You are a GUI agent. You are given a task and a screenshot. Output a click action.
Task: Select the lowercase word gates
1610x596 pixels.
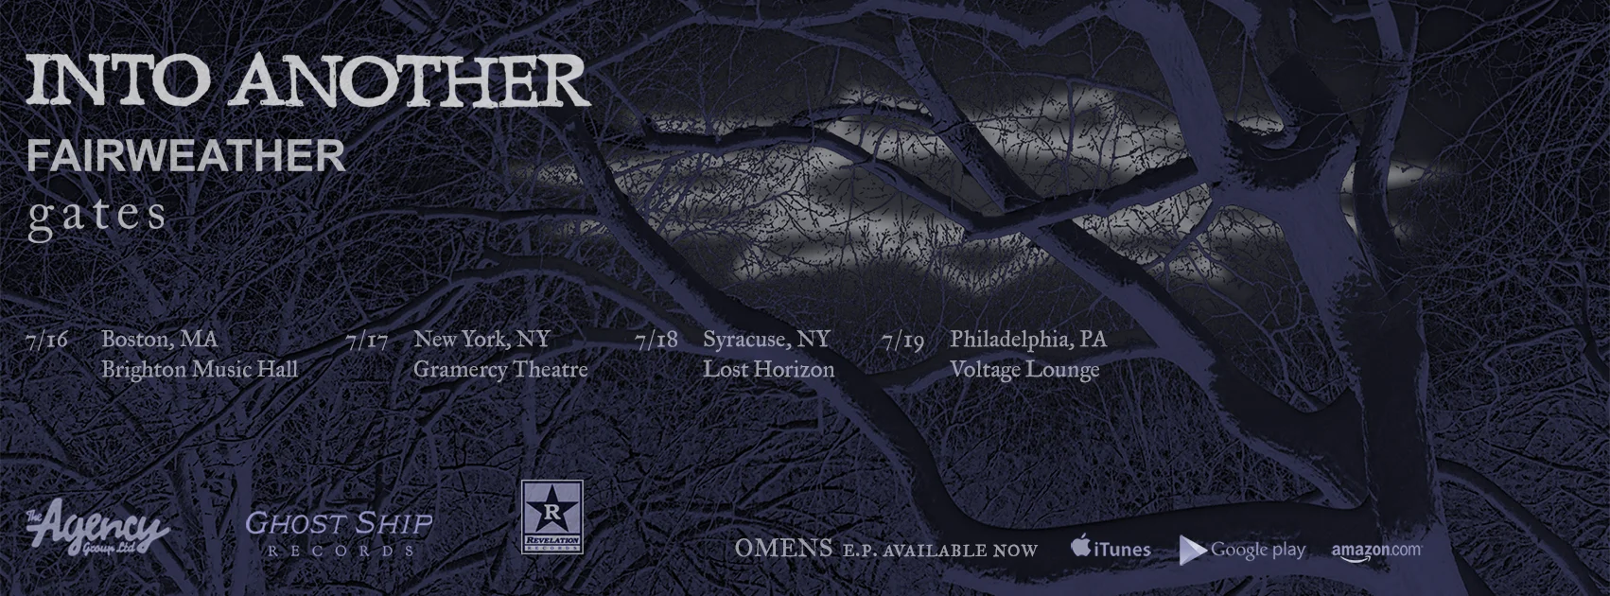point(97,216)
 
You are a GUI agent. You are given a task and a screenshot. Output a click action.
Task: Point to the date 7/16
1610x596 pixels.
point(47,340)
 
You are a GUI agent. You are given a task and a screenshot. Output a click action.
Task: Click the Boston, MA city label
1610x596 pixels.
point(159,340)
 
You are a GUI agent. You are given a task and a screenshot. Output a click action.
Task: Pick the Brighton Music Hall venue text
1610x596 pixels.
point(200,370)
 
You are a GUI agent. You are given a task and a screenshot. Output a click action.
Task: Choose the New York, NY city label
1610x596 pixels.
point(481,340)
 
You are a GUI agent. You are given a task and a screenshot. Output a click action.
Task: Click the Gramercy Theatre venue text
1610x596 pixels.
point(500,370)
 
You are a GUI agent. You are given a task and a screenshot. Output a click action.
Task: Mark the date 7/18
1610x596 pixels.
point(657,340)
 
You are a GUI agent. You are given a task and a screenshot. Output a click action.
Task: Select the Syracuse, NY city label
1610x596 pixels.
point(766,340)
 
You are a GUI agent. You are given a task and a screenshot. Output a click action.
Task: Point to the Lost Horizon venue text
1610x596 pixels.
point(768,370)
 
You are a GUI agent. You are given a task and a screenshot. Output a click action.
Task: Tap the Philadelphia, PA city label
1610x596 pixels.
point(1028,340)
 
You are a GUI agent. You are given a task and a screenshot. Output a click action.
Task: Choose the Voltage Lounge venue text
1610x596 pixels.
point(1024,370)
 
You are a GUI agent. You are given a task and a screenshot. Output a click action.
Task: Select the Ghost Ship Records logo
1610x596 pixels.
point(339,532)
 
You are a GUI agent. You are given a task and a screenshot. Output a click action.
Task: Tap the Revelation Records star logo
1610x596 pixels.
point(551,517)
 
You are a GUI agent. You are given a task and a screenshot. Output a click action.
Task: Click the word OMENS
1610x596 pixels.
point(783,549)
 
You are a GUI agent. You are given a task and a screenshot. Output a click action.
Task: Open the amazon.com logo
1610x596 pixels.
point(1376,550)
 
